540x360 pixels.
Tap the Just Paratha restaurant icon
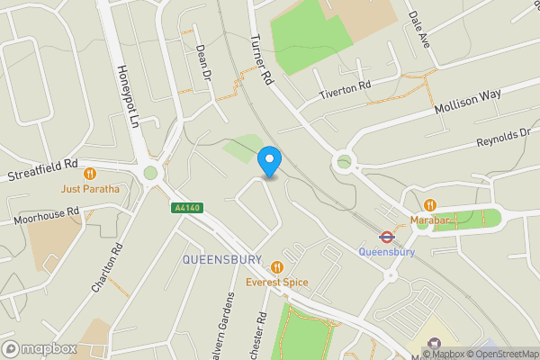click(90, 174)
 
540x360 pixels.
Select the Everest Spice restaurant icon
click(277, 267)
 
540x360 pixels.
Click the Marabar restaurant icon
click(430, 205)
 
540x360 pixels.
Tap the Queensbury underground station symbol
click(386, 238)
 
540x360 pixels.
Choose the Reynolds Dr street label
click(504, 138)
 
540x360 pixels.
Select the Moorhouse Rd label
click(46, 215)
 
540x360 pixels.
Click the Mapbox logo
click(38, 348)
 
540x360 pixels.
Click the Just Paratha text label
click(90, 189)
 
